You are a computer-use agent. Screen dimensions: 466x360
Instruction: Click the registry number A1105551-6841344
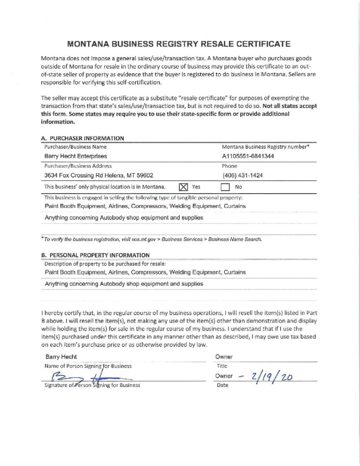[x=248, y=157]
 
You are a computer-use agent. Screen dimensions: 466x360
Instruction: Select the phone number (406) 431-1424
[x=242, y=176]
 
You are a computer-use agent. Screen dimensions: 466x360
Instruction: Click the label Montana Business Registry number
[x=265, y=147]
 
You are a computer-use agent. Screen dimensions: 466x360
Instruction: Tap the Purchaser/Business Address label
[x=78, y=166]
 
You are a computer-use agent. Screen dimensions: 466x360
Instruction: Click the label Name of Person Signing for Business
[x=88, y=366]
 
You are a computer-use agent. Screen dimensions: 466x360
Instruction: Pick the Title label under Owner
[x=222, y=366]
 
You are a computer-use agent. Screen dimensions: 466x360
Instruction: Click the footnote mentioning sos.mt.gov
[x=153, y=239]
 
